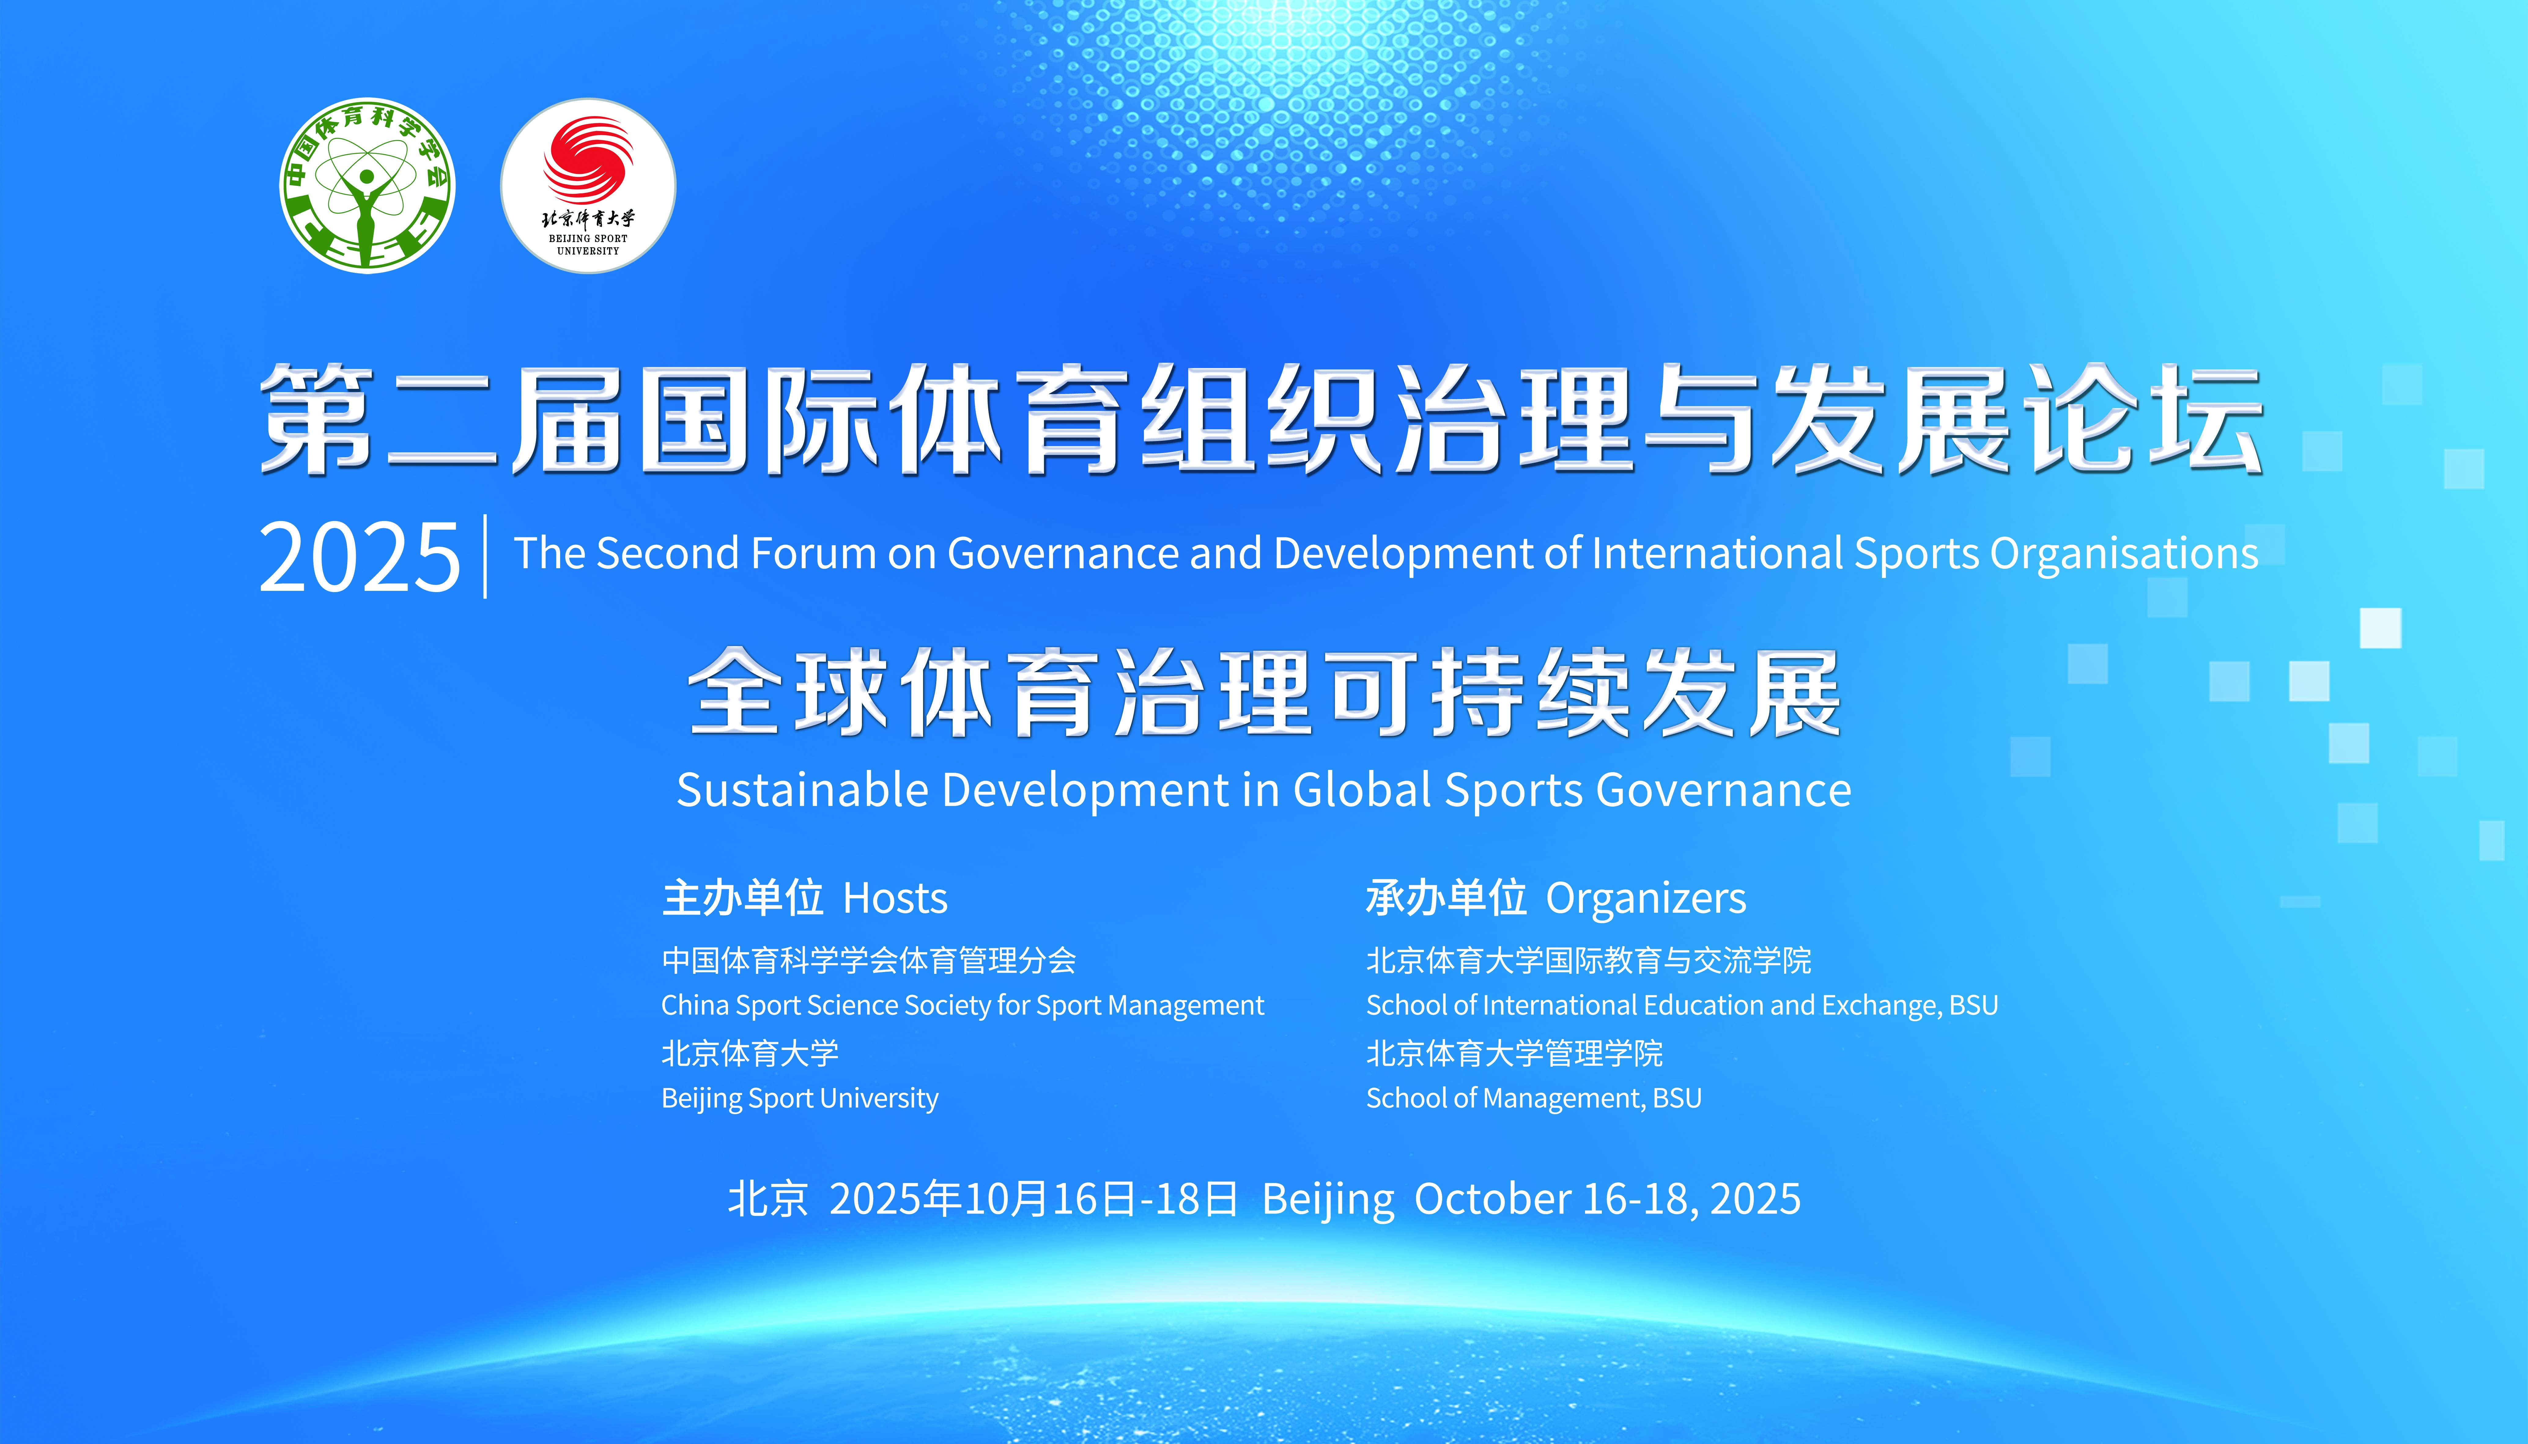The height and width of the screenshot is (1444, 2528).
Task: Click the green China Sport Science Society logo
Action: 367,186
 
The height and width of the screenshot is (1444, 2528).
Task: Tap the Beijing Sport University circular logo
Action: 588,186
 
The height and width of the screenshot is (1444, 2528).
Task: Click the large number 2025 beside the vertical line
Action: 359,557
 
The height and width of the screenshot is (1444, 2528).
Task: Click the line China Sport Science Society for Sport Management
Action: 962,1006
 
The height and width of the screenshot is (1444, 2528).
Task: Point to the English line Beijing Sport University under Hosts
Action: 799,1099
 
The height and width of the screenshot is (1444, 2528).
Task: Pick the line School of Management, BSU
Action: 1533,1099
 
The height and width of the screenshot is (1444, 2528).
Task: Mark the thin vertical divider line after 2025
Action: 485,556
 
